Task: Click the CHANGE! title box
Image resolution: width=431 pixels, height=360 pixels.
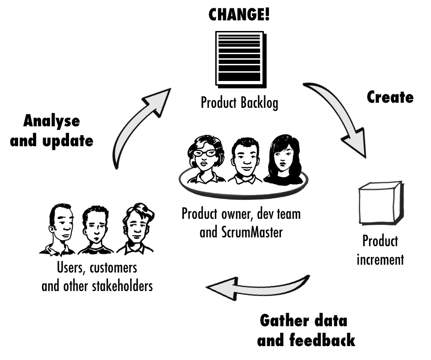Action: pyautogui.click(x=239, y=14)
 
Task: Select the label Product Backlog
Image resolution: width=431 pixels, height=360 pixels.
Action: pyautogui.click(x=239, y=102)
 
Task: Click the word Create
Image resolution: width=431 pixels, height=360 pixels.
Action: pyautogui.click(x=390, y=97)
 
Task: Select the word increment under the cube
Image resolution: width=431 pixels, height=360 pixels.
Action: pyautogui.click(x=380, y=260)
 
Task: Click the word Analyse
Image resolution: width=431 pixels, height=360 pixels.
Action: pyautogui.click(x=51, y=122)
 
